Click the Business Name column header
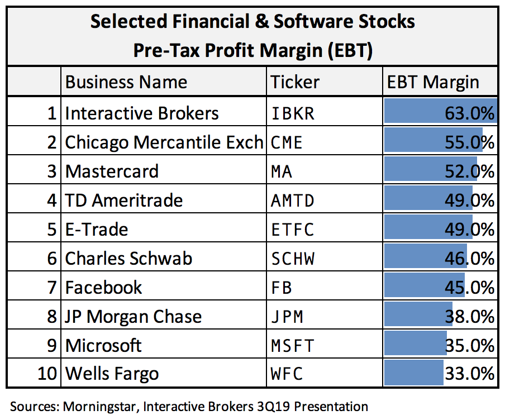(x=126, y=82)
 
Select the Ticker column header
(x=295, y=82)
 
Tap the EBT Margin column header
(x=433, y=83)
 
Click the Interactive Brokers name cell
(x=142, y=113)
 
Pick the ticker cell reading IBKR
(x=292, y=114)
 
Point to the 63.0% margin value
(x=469, y=113)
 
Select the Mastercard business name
(x=112, y=171)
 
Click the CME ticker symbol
(x=287, y=142)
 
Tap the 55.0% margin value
(x=469, y=142)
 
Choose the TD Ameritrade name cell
(x=123, y=201)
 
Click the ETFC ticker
(x=292, y=230)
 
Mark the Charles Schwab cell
(x=128, y=259)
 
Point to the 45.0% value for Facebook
(x=469, y=287)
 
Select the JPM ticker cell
(x=287, y=317)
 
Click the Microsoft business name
(x=103, y=345)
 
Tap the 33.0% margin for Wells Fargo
(x=469, y=374)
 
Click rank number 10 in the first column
(x=47, y=374)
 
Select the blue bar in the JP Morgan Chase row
(x=418, y=314)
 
